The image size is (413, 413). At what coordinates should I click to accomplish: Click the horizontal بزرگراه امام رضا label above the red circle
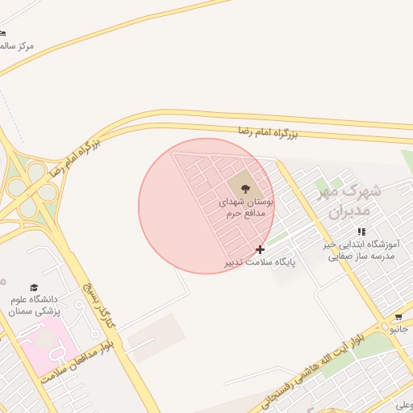pos(268,132)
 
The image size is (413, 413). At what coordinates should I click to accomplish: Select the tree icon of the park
pos(245,187)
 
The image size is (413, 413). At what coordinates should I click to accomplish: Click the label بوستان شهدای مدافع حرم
pos(246,206)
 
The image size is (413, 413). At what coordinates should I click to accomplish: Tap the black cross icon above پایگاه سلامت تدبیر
pos(260,249)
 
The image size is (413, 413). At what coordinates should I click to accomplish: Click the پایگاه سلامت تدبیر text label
pos(261,263)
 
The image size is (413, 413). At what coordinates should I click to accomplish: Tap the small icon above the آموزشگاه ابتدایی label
pos(361,232)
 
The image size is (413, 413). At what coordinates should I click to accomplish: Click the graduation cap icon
pos(34,288)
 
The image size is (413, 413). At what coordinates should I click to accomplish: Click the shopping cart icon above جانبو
pos(398,317)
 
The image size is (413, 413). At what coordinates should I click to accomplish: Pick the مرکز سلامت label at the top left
pos(16,46)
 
